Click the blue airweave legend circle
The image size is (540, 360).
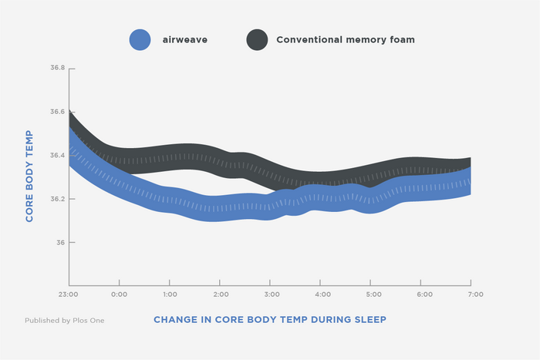tap(140, 39)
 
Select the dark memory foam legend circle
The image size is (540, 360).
tap(257, 39)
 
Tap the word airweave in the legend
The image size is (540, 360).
tap(185, 40)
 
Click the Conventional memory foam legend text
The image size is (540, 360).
tap(346, 40)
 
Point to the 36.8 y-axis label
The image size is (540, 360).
tap(58, 68)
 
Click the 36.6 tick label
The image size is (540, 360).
tap(58, 112)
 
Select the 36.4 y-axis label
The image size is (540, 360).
tap(58, 156)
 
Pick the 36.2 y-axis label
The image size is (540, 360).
tap(58, 199)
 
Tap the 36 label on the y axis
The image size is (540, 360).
tap(61, 243)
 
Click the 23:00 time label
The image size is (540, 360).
tap(68, 294)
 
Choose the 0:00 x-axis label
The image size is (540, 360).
tap(119, 294)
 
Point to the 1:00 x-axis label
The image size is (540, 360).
tap(170, 294)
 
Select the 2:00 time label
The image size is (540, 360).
tap(221, 294)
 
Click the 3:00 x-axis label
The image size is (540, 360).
tap(272, 294)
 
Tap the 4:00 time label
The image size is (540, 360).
tap(322, 294)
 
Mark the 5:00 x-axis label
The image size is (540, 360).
tap(373, 294)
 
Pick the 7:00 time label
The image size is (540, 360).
tap(475, 294)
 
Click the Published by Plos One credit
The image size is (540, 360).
tap(64, 321)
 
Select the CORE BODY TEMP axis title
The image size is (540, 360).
tap(29, 176)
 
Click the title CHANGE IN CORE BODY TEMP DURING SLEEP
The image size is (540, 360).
tap(270, 320)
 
